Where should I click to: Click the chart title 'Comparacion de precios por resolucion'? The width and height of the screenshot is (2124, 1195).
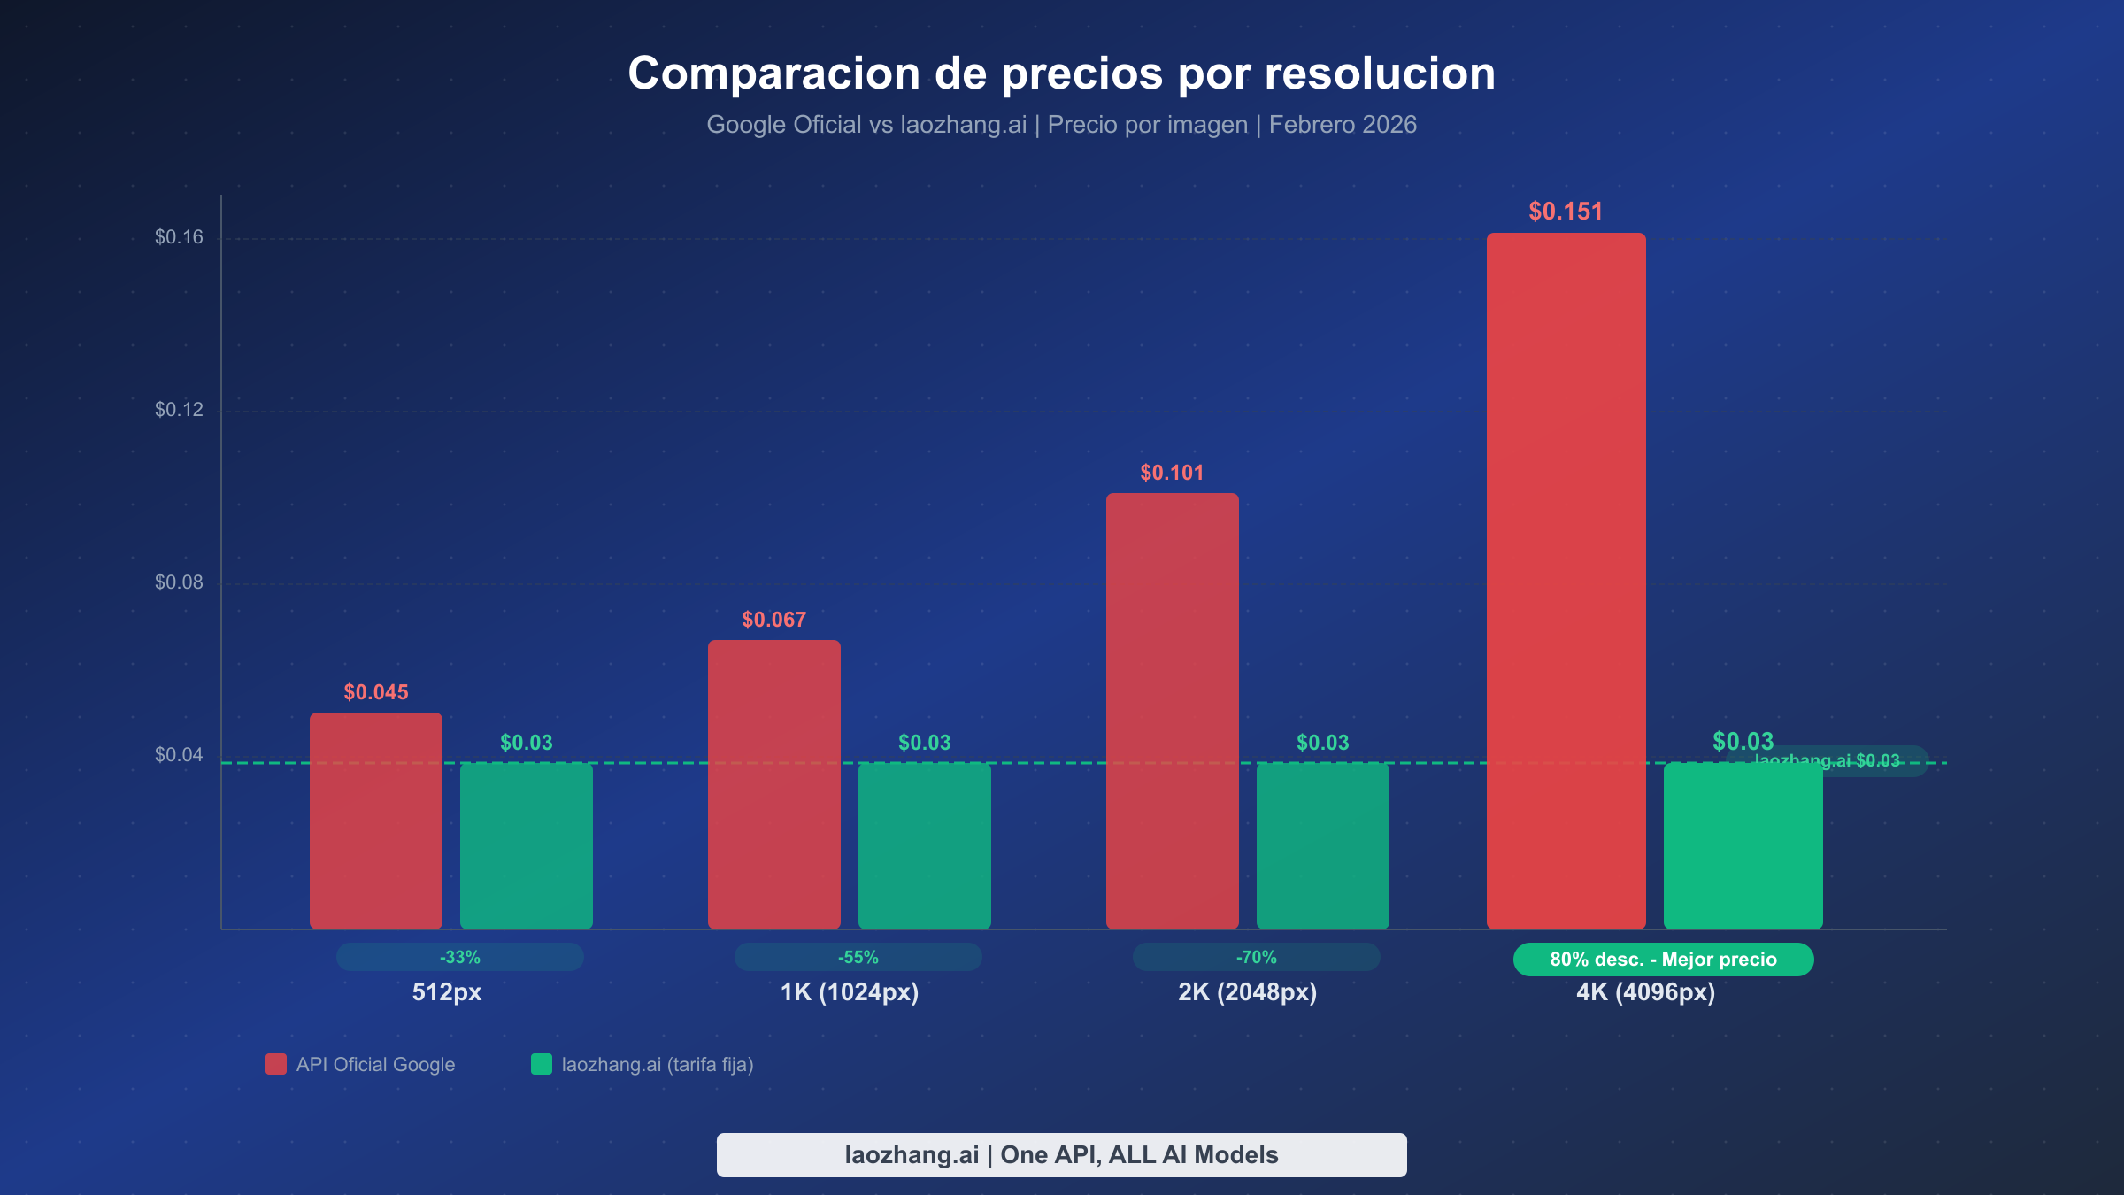(1061, 73)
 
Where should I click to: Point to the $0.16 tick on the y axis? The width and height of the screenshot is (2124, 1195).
(179, 237)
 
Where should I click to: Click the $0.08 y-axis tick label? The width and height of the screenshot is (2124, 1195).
(179, 582)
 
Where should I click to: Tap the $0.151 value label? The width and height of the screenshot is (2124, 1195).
(1566, 212)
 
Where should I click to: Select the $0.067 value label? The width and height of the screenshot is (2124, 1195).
(773, 620)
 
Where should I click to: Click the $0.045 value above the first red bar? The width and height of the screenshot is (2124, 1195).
(376, 692)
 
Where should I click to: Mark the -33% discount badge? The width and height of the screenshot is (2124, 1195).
(459, 957)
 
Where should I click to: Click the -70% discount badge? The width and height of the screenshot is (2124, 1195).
(1256, 957)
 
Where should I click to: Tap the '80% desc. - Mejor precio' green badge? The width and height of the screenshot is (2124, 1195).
(1663, 960)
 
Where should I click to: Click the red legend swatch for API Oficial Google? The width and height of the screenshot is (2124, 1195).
(276, 1064)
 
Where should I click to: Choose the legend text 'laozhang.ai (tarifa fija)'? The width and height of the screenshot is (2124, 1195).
(658, 1065)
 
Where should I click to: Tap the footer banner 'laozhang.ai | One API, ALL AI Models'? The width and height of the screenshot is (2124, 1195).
(1061, 1155)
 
